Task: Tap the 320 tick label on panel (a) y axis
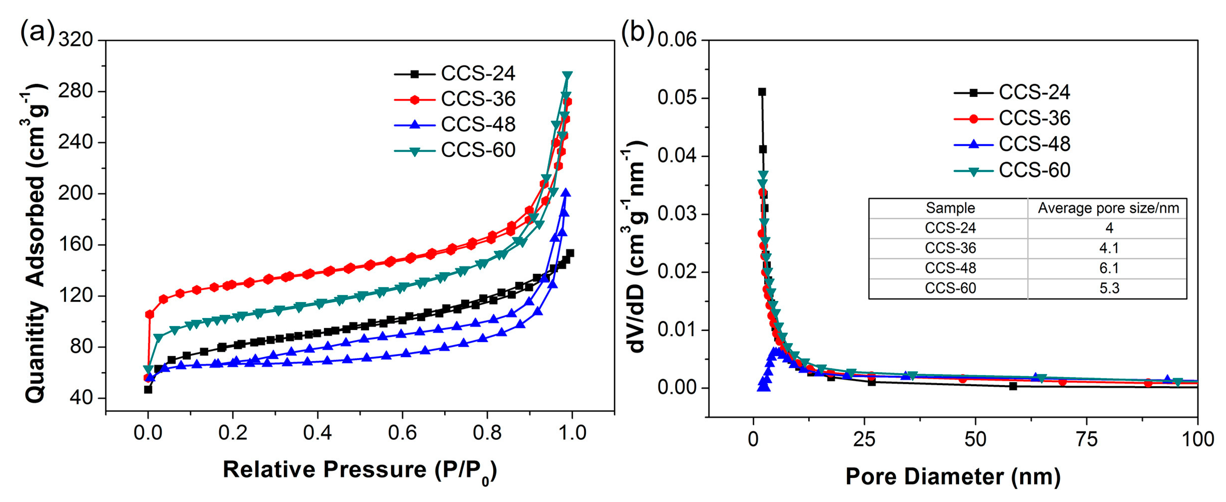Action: pyautogui.click(x=76, y=39)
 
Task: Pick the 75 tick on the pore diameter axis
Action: pyautogui.click(x=1087, y=439)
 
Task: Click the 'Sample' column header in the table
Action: pyautogui.click(x=950, y=209)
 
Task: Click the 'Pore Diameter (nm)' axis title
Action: pyautogui.click(x=953, y=476)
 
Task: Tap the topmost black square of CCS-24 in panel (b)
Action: pyautogui.click(x=762, y=92)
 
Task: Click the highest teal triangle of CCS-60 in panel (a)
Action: pyautogui.click(x=567, y=76)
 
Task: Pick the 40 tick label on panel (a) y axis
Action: pyautogui.click(x=81, y=397)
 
